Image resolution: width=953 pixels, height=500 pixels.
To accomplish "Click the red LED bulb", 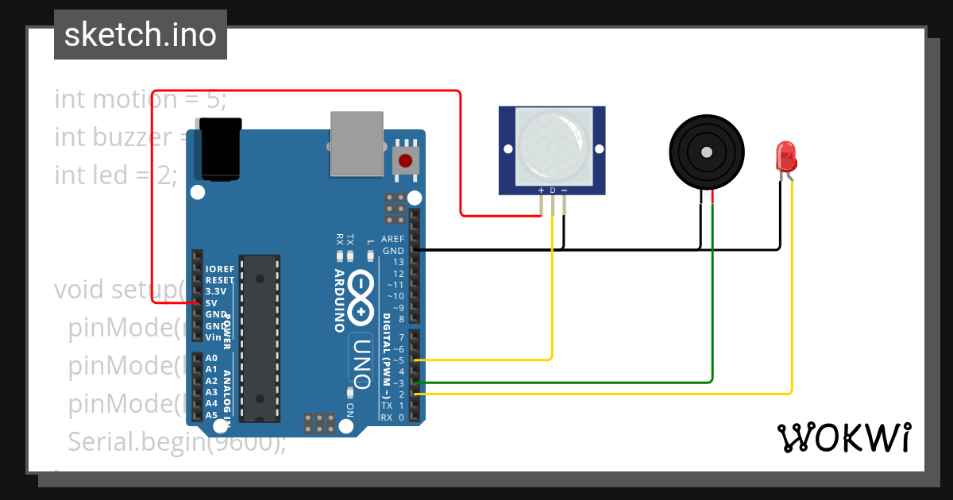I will click(x=785, y=155).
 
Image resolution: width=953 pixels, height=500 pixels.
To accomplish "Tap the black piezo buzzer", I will click(x=706, y=150).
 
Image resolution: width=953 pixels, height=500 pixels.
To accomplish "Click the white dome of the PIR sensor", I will click(x=553, y=144).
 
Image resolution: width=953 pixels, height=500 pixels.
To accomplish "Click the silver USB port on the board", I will click(x=356, y=143).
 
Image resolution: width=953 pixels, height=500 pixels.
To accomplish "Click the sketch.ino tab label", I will click(x=141, y=35).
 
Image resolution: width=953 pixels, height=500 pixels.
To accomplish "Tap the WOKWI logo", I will click(x=843, y=438).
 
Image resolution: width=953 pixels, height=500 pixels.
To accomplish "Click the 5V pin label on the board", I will click(x=211, y=302).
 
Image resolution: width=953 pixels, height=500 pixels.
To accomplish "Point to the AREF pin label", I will click(x=392, y=239).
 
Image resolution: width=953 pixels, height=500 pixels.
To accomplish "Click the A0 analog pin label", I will click(x=211, y=358).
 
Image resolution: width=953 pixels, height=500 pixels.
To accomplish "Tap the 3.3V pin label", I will click(x=214, y=291).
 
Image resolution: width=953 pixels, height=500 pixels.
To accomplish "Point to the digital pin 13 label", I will click(x=397, y=262).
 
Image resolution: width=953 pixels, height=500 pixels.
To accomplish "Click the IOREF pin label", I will click(x=218, y=269).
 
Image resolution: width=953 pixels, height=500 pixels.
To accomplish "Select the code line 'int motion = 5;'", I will click(x=141, y=100).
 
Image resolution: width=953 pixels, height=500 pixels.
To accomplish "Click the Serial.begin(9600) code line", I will click(x=176, y=441).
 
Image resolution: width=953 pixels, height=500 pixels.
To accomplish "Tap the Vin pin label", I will click(x=213, y=337).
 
